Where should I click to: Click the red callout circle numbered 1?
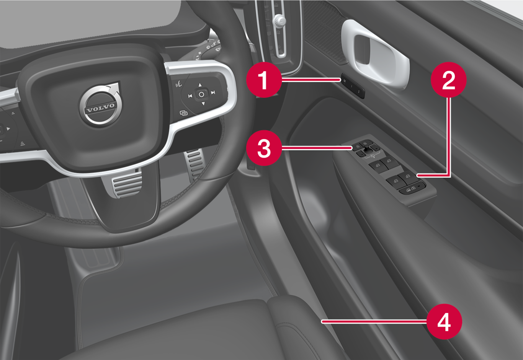264,80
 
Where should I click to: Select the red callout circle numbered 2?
448,80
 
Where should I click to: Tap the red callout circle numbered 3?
264,148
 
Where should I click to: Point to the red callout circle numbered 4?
444,321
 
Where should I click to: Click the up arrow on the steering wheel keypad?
200,85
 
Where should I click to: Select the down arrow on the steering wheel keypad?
203,103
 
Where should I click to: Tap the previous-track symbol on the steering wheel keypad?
190,96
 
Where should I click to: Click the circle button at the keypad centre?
201,94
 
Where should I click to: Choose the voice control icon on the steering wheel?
179,83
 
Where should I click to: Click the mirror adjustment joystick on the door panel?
368,148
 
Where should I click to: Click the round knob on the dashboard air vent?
280,20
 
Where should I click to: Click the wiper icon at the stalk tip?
218,49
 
